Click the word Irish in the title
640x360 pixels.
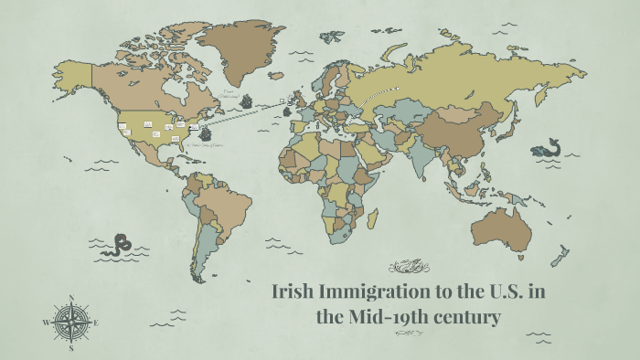(294, 294)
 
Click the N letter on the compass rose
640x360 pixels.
(70, 298)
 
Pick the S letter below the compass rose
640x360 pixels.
(70, 347)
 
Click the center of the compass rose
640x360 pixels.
(70, 323)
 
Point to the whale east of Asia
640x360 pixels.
(548, 147)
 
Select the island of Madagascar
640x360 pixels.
(372, 219)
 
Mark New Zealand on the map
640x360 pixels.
(564, 255)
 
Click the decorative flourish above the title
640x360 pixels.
(408, 267)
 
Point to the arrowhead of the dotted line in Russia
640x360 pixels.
(399, 89)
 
